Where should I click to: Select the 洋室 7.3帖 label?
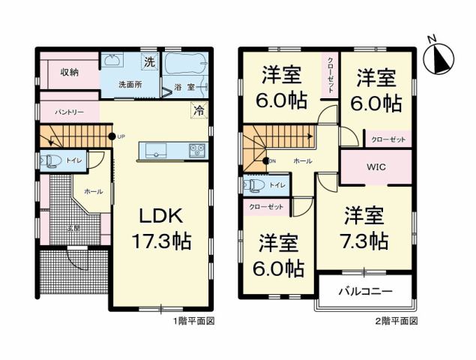365,229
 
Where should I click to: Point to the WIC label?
376,166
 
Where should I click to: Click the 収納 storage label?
70,72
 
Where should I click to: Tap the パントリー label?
68,112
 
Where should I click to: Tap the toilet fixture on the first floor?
52,160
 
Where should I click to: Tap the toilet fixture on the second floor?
254,184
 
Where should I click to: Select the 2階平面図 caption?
396,320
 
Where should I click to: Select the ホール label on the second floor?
303,161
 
